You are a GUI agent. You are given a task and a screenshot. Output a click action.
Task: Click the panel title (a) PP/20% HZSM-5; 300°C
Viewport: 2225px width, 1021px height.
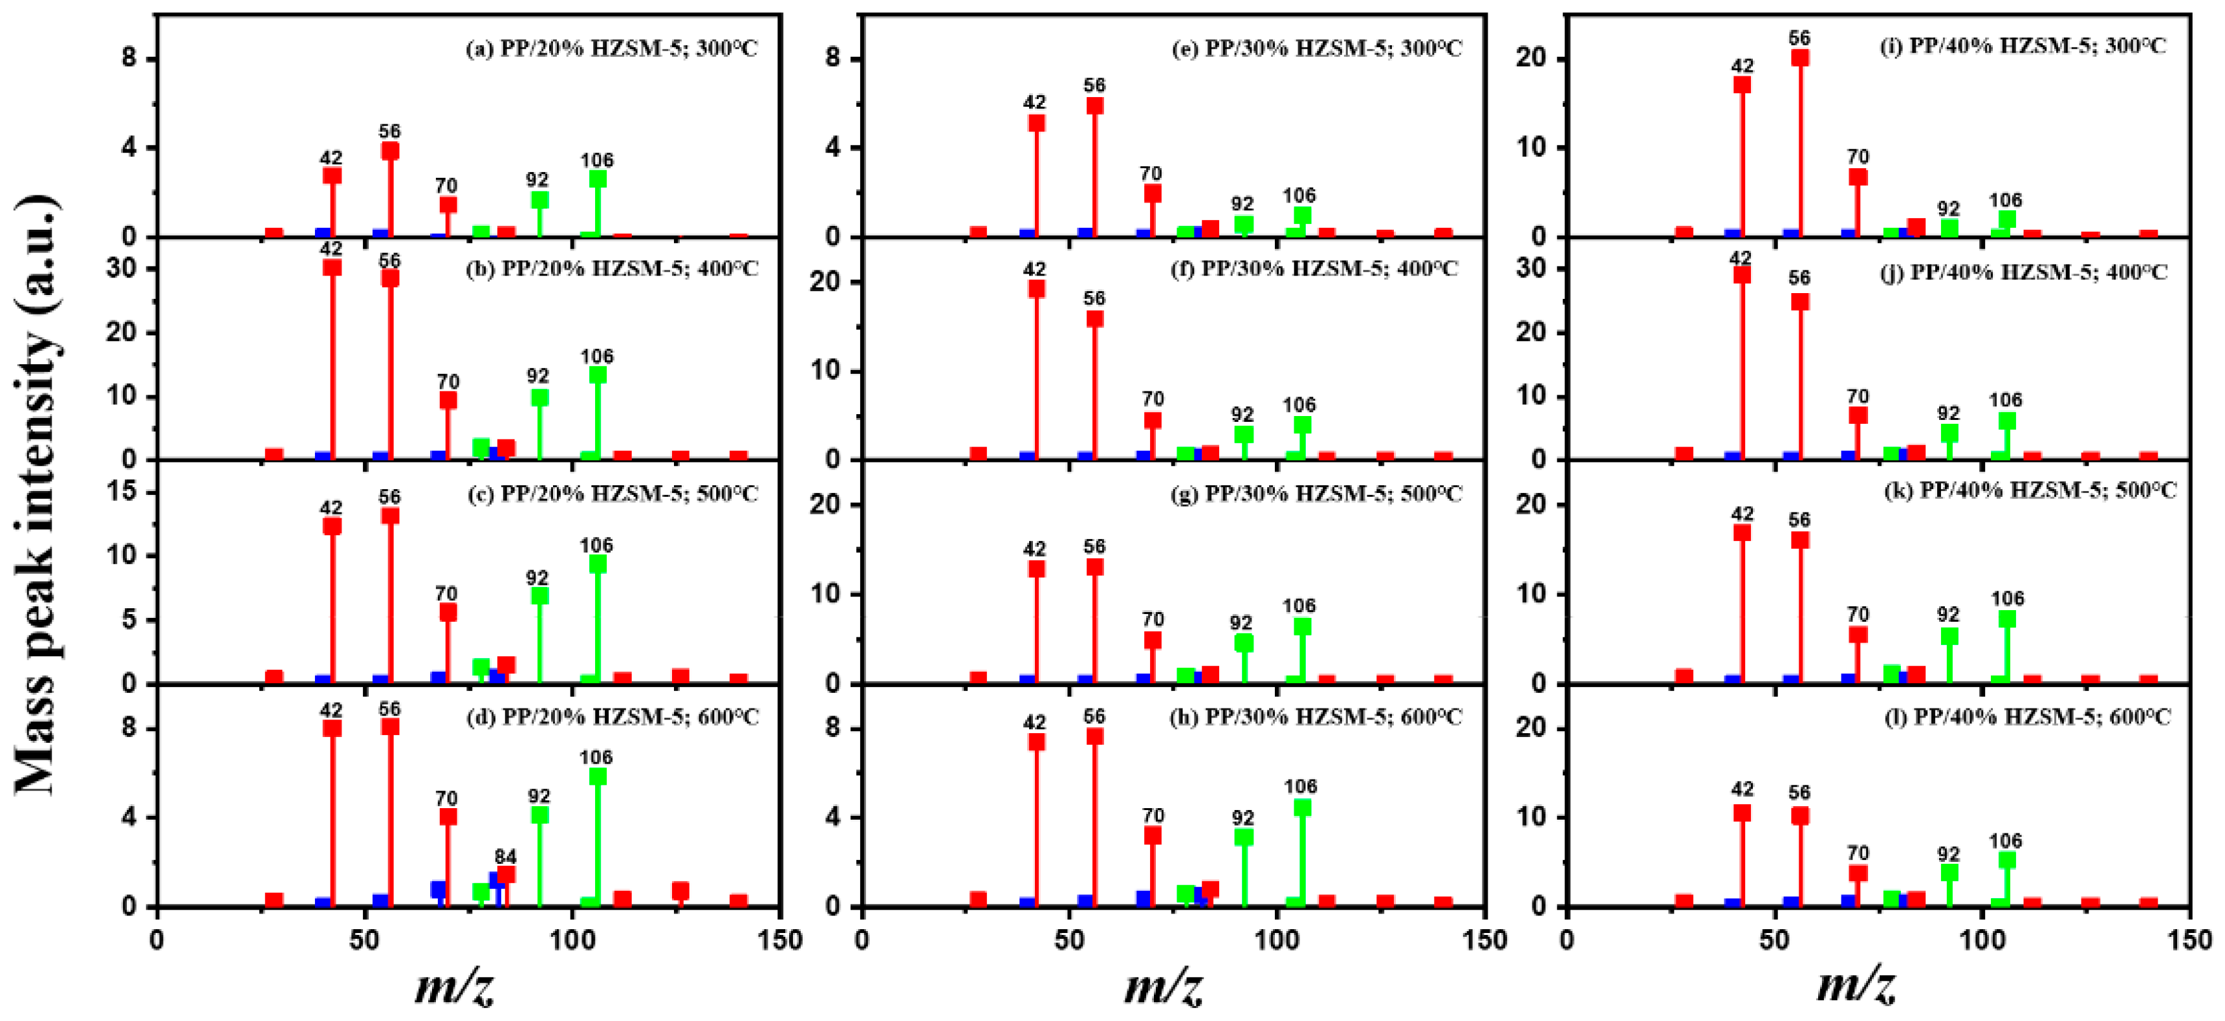pyautogui.click(x=611, y=49)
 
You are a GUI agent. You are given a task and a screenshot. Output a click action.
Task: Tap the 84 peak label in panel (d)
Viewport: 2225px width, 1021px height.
pyautogui.click(x=505, y=856)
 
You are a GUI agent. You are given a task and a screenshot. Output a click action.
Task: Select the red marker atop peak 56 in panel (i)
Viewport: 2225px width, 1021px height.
pyautogui.click(x=1800, y=58)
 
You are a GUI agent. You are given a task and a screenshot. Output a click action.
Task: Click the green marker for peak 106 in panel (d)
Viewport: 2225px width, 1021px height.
pyautogui.click(x=597, y=776)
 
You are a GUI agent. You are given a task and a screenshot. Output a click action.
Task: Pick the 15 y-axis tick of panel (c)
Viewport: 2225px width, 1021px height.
pyautogui.click(x=124, y=492)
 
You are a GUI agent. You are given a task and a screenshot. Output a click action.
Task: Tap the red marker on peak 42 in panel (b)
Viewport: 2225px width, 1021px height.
pyautogui.click(x=332, y=267)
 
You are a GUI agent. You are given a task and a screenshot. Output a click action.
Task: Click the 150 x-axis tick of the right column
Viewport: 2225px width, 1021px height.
pyautogui.click(x=2189, y=940)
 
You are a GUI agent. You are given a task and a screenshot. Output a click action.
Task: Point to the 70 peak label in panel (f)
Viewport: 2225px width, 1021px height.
pyautogui.click(x=1152, y=399)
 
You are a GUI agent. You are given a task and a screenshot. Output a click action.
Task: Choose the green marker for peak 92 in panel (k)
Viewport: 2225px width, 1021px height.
pyautogui.click(x=1949, y=637)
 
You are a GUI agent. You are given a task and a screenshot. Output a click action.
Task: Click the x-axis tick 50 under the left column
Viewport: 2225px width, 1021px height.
pyautogui.click(x=365, y=940)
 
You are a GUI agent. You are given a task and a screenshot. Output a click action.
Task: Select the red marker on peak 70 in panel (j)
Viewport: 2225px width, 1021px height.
pyautogui.click(x=1858, y=415)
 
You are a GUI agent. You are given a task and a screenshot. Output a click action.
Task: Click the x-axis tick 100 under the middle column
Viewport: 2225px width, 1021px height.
pyautogui.click(x=1277, y=940)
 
